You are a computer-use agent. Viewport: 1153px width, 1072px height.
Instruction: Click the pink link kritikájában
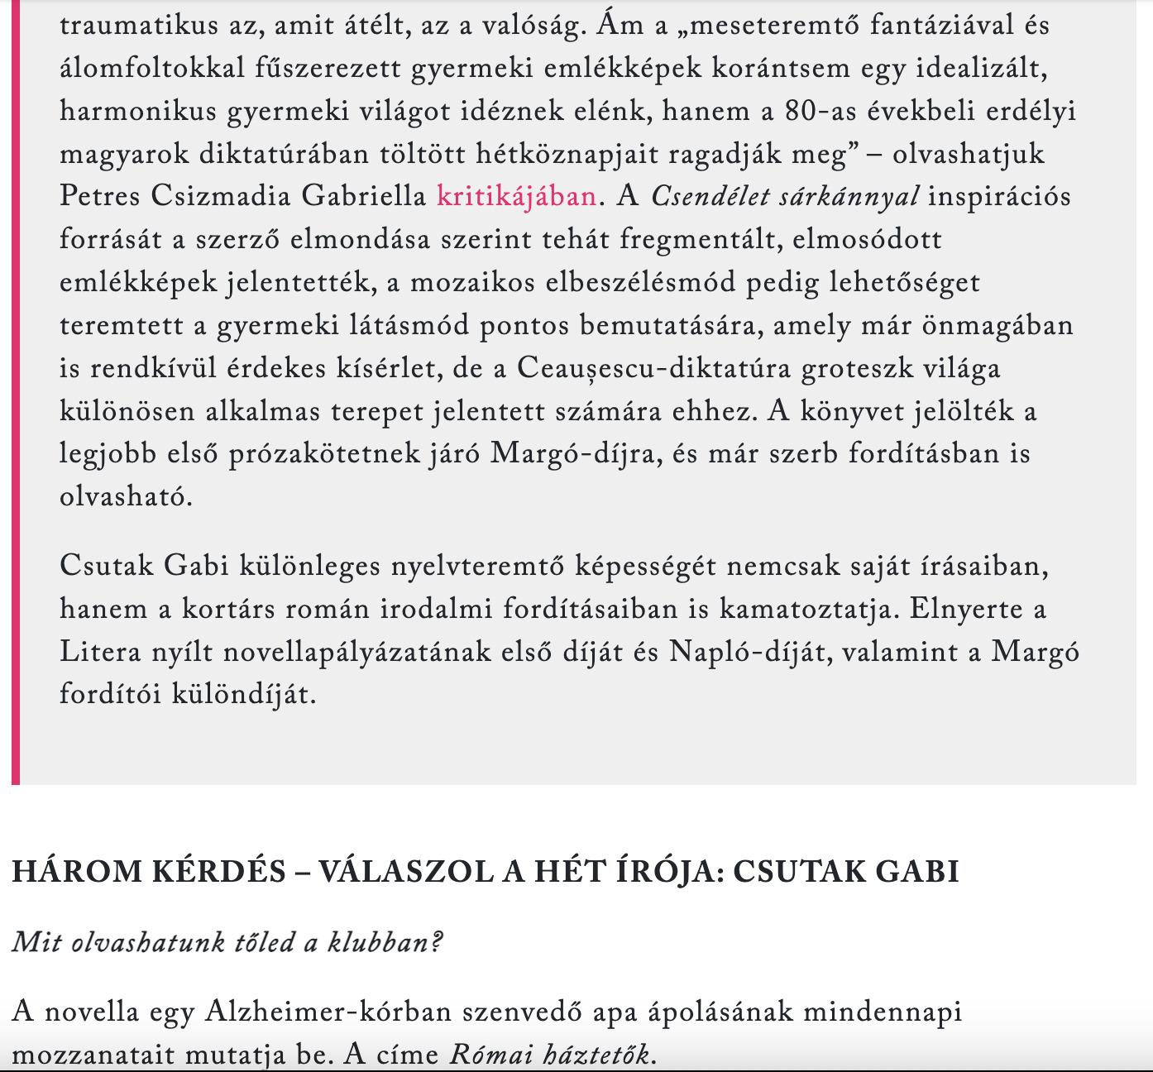pos(516,196)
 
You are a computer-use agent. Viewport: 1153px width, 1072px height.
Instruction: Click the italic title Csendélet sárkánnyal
pos(785,196)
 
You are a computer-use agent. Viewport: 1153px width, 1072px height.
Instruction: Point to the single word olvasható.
pos(126,497)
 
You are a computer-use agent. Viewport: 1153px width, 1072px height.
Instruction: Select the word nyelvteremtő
pos(478,567)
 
